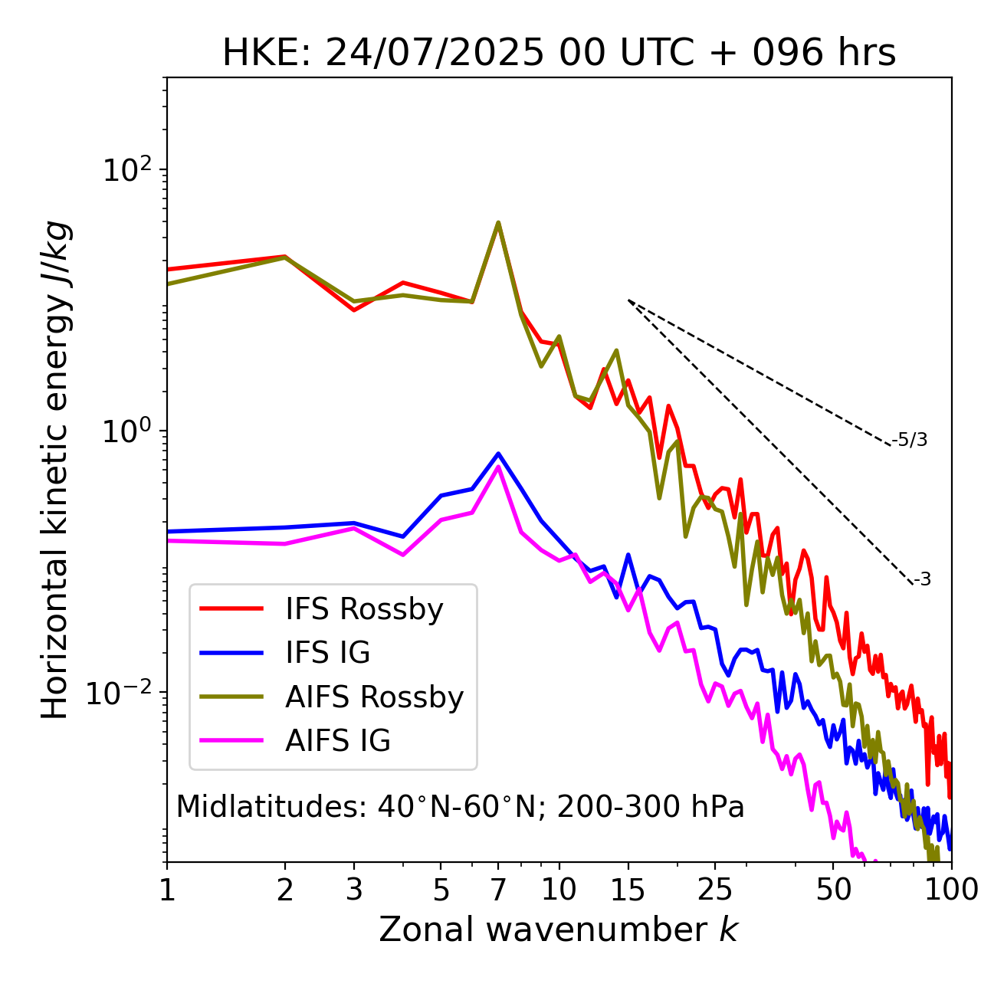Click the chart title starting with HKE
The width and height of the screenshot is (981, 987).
coord(559,53)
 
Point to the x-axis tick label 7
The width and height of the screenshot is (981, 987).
coord(498,890)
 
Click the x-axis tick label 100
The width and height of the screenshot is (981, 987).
coord(951,890)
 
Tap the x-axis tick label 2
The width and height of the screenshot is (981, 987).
coord(285,890)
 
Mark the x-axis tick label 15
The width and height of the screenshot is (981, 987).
coord(628,890)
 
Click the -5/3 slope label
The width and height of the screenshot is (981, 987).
coord(910,440)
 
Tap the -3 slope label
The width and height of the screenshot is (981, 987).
coord(922,579)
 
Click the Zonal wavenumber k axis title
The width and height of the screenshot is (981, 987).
coord(559,930)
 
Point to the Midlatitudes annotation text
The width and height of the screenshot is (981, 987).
coord(460,807)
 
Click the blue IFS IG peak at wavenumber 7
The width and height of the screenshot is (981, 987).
coord(498,454)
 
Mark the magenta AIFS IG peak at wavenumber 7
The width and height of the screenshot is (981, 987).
coord(498,467)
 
